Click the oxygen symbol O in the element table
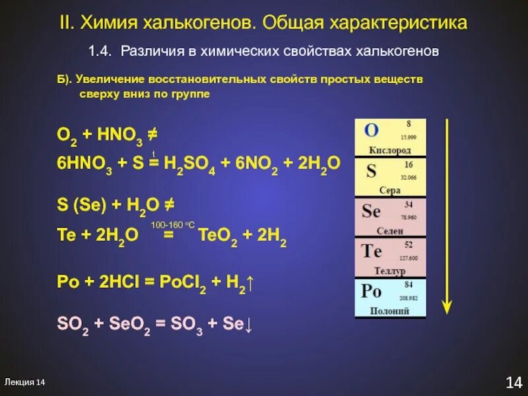pos(372,131)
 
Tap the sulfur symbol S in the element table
pos(371,171)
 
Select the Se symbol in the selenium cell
pos(372,211)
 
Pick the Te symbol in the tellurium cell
pos(372,251)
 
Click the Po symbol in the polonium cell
pos(372,291)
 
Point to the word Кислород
pos(389,150)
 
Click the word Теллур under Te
pos(389,271)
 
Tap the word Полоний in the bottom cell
pos(390,311)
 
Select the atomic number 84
pos(409,285)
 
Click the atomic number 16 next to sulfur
pos(409,164)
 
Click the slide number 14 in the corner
pos(513,381)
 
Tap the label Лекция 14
pos(24,382)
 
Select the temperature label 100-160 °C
pos(171,225)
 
